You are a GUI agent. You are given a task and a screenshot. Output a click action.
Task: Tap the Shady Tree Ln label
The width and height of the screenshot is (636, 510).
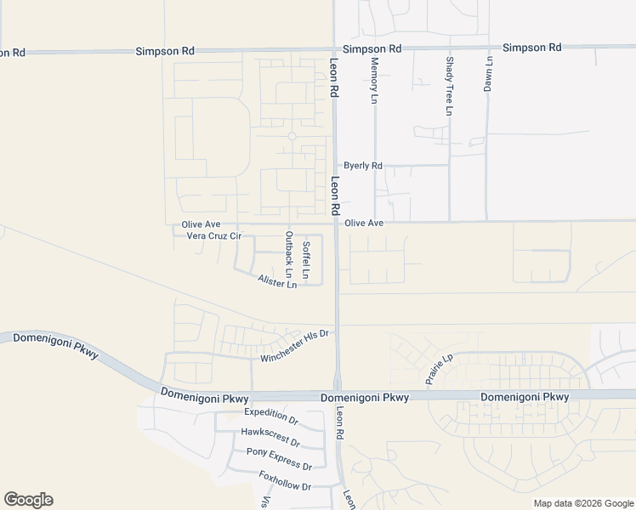pyautogui.click(x=449, y=86)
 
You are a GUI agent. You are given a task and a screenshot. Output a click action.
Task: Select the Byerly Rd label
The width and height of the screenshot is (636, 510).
pyautogui.click(x=363, y=166)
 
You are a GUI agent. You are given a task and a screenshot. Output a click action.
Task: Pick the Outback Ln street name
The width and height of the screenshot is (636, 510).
pyautogui.click(x=289, y=255)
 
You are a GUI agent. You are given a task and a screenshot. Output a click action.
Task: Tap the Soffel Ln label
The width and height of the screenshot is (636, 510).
pyautogui.click(x=306, y=261)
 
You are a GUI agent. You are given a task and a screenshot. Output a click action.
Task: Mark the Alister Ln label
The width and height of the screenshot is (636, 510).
pyautogui.click(x=277, y=281)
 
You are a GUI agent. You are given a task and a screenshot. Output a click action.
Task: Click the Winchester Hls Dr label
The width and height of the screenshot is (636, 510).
pyautogui.click(x=294, y=346)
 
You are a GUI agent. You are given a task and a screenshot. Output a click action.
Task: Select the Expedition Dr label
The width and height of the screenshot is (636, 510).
pyautogui.click(x=271, y=416)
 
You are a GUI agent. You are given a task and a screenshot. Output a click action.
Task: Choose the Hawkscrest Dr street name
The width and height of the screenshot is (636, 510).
pyautogui.click(x=270, y=437)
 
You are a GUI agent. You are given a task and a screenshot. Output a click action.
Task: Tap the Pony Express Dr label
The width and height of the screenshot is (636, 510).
pyautogui.click(x=279, y=457)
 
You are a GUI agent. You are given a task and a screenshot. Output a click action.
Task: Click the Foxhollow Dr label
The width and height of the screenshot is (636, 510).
pyautogui.click(x=285, y=480)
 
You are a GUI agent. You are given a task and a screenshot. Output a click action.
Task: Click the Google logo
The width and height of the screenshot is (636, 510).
pyautogui.click(x=28, y=500)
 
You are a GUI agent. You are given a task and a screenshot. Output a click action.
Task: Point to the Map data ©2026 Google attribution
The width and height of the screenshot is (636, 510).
pyautogui.click(x=583, y=503)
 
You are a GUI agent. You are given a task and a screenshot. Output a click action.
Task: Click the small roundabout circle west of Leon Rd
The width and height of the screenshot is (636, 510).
pyautogui.click(x=292, y=136)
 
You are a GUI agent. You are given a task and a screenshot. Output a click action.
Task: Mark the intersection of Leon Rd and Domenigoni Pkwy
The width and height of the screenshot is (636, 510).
pyautogui.click(x=338, y=396)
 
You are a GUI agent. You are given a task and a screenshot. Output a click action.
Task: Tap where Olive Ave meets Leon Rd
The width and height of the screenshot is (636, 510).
pyautogui.click(x=337, y=223)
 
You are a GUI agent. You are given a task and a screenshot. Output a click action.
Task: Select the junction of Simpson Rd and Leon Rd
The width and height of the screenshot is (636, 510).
pyautogui.click(x=334, y=50)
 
